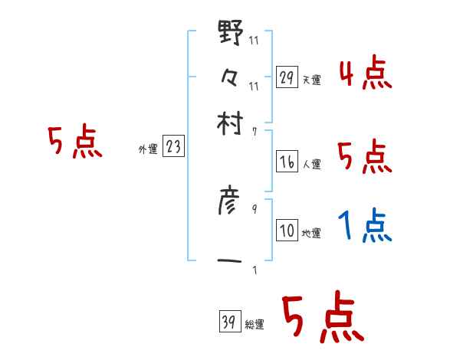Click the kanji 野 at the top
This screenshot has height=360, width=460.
231,34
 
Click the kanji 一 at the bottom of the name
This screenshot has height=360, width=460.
231,262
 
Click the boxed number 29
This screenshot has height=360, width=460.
287,77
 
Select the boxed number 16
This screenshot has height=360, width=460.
287,162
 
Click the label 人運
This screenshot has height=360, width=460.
311,164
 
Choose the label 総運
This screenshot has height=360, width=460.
255,325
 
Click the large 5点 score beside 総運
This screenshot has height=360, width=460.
321,318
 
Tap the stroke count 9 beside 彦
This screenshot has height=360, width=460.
254,208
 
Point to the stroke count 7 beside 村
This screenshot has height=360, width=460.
254,131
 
